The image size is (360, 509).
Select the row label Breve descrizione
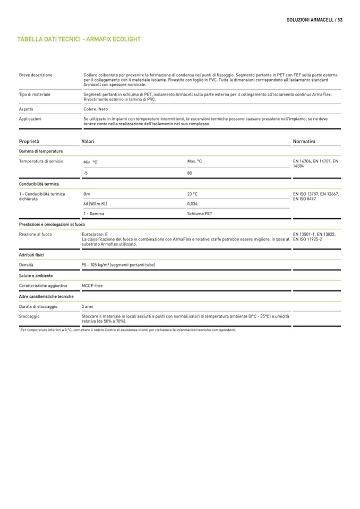click(36, 75)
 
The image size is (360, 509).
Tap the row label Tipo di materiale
click(35, 94)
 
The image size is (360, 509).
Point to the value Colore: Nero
click(96, 109)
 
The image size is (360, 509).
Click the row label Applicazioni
click(30, 119)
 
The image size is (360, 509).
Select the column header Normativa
click(304, 142)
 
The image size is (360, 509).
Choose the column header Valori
click(88, 142)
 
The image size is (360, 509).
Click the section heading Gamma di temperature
click(41, 151)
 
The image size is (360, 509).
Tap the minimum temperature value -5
click(85, 173)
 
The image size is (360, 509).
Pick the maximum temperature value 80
click(190, 173)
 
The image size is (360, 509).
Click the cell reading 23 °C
click(192, 194)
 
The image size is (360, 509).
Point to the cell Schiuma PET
click(200, 213)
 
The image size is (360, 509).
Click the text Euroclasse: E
click(95, 234)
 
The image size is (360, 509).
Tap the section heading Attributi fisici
click(31, 255)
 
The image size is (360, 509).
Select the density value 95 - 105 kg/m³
click(118, 264)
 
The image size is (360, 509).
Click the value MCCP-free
click(92, 286)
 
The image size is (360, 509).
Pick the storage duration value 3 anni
click(88, 306)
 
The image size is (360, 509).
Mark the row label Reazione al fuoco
click(35, 234)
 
